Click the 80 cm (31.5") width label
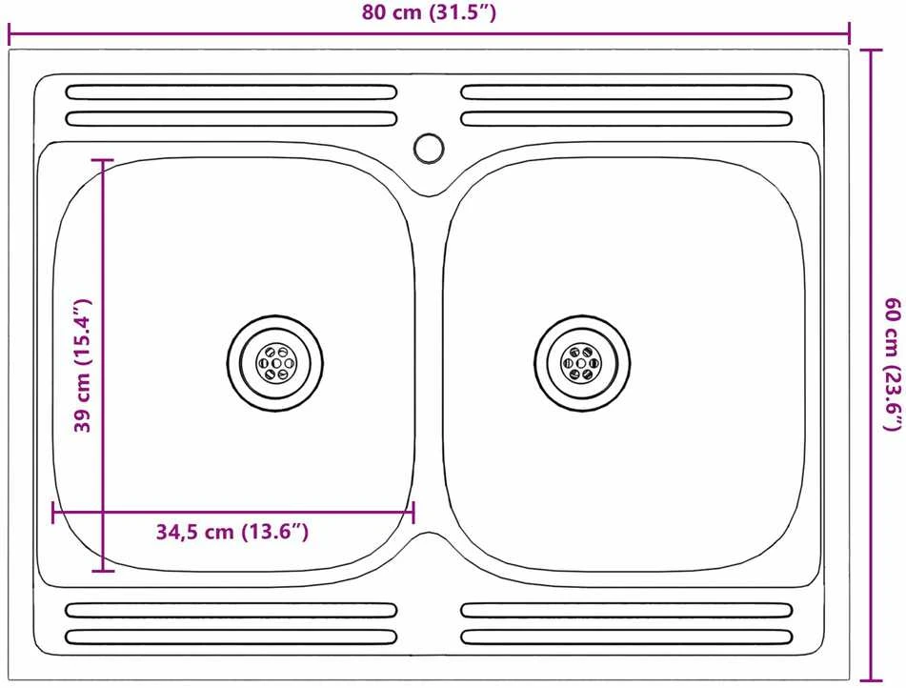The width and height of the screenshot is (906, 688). point(429,12)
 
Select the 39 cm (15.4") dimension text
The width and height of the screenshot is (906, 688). point(83,365)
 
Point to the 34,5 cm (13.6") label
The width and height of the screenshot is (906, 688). point(232,532)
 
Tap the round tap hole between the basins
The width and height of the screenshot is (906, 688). point(429,148)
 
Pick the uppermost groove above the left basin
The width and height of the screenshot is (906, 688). point(232,91)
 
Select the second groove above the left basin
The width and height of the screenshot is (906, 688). point(232,119)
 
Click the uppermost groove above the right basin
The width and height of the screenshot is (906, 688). point(626,91)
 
